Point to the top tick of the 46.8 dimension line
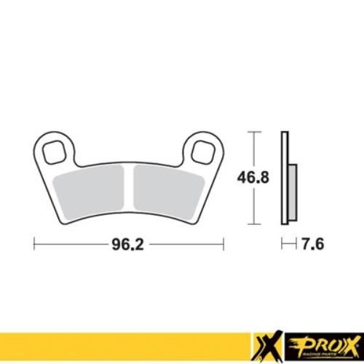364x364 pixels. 253,132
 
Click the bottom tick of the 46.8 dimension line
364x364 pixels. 253,221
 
